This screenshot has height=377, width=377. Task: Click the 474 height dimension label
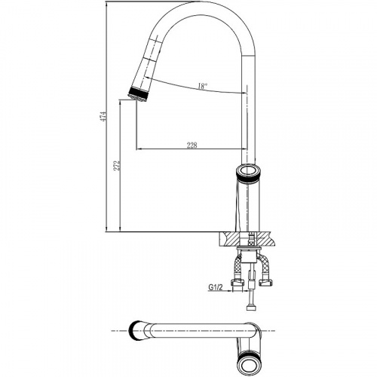104,117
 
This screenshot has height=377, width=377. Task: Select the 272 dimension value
117,165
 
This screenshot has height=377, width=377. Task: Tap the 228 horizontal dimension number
192,145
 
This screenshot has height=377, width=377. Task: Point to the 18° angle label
203,86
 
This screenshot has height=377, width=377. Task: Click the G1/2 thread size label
216,287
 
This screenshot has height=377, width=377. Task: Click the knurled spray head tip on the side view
138,95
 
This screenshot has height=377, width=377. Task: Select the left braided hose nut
238,284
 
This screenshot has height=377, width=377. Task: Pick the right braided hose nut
266,284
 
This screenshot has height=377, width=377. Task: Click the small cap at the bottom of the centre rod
251,308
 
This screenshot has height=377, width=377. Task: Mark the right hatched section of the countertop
266,239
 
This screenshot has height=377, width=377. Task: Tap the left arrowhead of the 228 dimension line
139,149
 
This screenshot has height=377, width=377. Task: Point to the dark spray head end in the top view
133,331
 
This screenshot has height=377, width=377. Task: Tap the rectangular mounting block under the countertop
248,257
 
